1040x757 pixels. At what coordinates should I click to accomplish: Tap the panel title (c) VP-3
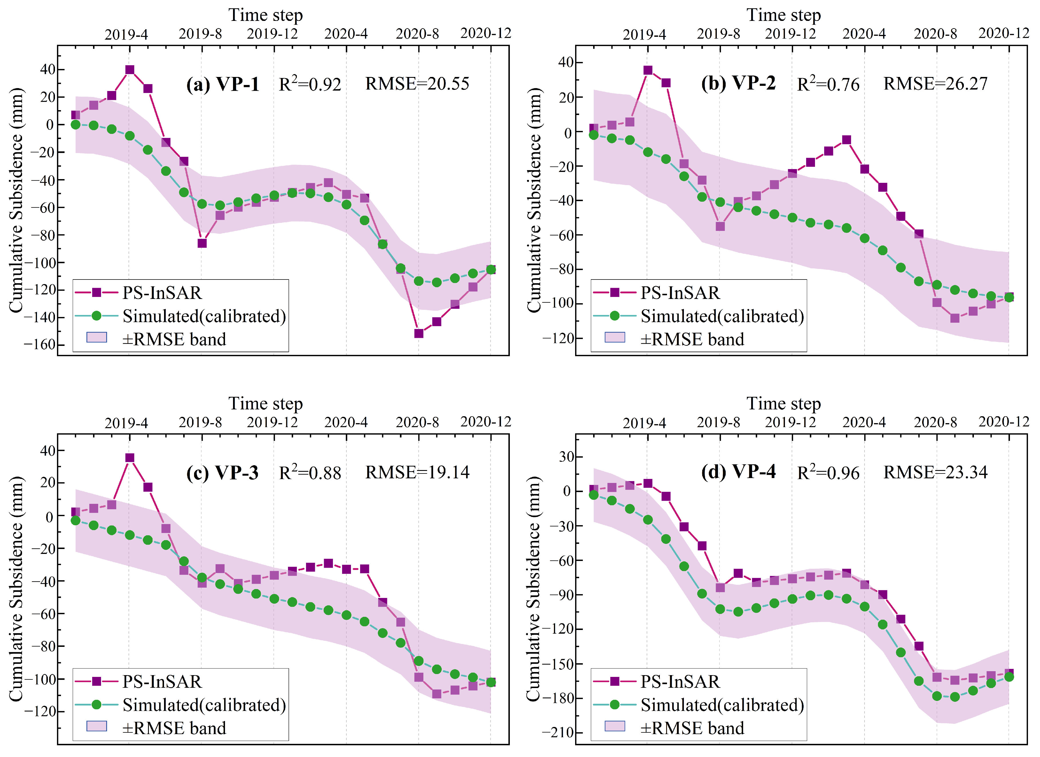pos(222,472)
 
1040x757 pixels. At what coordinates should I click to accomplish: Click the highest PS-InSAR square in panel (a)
pos(130,70)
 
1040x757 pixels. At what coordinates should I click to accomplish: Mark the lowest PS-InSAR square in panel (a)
pos(419,334)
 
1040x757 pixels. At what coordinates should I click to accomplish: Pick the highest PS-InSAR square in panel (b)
pos(648,70)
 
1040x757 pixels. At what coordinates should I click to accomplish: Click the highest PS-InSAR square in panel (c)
pos(130,458)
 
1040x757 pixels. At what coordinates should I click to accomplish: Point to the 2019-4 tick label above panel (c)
pos(126,423)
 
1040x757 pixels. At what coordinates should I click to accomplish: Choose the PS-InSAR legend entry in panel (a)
pos(162,293)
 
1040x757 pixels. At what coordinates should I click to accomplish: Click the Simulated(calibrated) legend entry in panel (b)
pos(722,316)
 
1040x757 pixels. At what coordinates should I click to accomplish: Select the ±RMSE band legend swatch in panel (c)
pos(97,726)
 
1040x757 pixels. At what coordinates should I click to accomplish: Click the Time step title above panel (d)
pos(784,403)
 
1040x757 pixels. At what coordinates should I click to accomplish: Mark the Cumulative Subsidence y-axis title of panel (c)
pos(16,589)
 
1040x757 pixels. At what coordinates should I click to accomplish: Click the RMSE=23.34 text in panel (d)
pos(936,472)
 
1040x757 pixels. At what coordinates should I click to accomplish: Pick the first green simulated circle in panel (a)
pos(76,125)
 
